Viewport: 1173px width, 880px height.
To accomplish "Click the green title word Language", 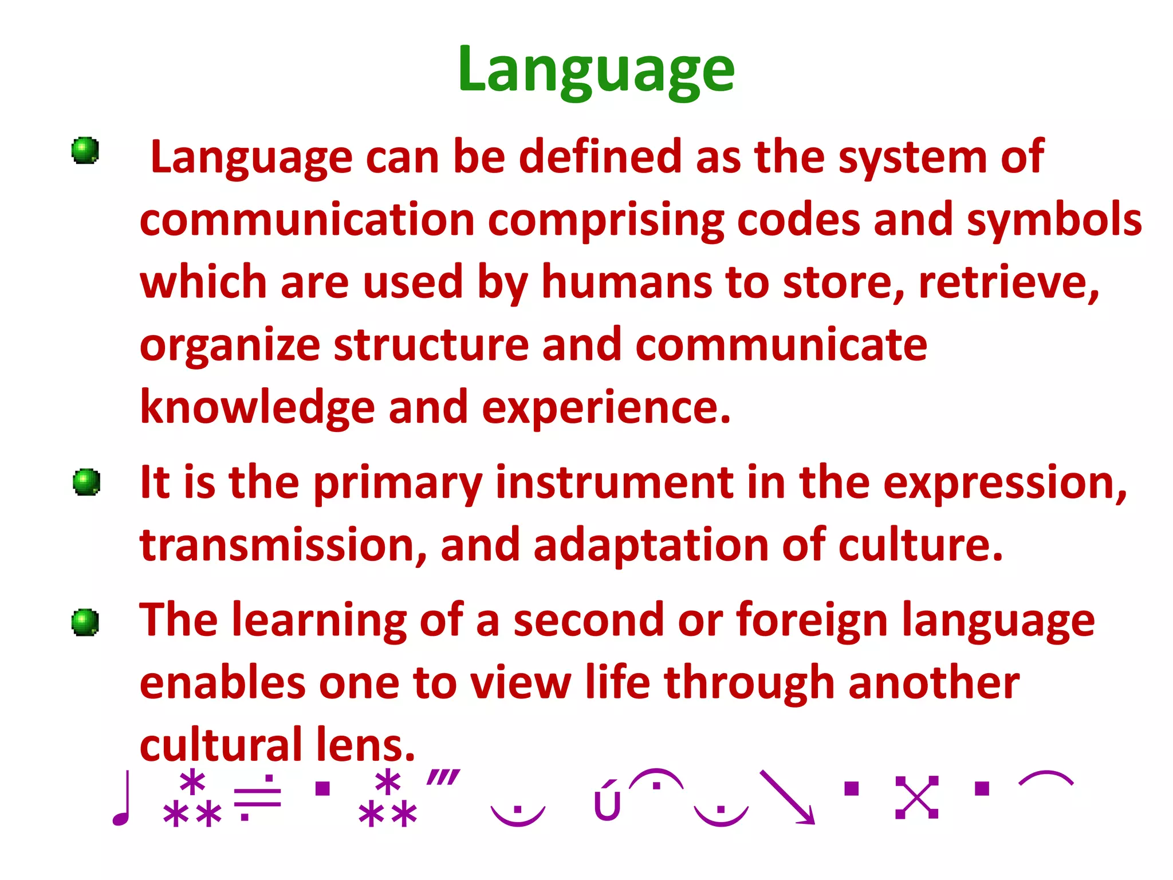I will coord(596,70).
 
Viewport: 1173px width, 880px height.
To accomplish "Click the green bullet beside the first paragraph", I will coord(85,151).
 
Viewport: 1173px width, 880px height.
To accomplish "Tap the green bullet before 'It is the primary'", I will coord(86,482).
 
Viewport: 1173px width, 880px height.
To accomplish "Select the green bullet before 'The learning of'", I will coord(85,622).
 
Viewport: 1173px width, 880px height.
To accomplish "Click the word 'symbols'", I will coord(1054,220).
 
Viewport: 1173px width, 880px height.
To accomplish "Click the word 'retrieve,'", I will coord(1009,282).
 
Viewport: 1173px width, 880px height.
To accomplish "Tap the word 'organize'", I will coord(230,346).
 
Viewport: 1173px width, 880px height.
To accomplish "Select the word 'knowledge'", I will coord(257,408).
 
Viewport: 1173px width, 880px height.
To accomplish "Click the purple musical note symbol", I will coord(122,799).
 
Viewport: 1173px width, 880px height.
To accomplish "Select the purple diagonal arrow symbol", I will coord(788,797).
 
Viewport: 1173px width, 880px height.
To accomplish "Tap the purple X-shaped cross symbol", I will coord(916,797).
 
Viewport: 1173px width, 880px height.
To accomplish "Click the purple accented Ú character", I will coord(607,800).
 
